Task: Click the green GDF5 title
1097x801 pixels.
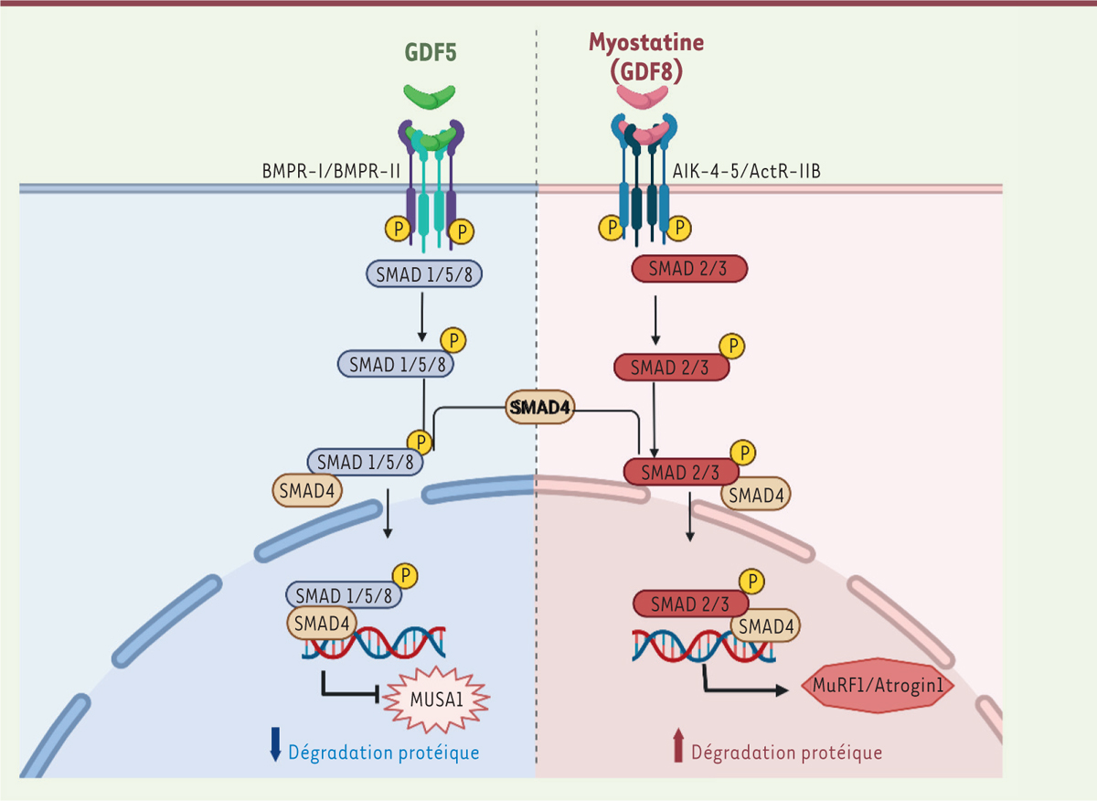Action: [x=431, y=53]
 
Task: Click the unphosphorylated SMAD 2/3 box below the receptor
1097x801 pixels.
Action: [x=690, y=268]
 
